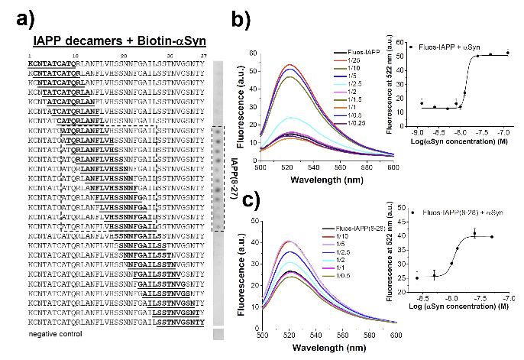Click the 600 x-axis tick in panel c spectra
458,336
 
